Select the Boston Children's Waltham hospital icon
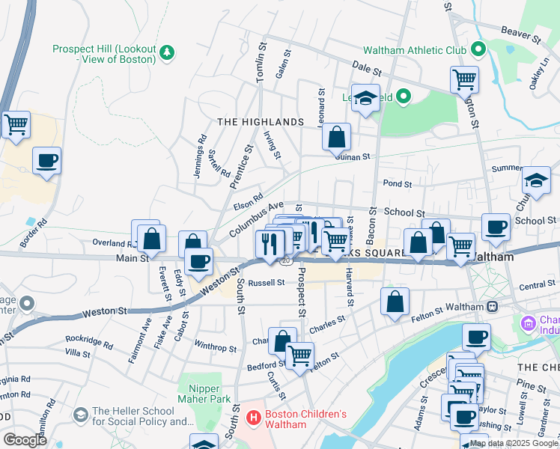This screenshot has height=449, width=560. coord(254,417)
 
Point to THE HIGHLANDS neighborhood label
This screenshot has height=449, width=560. coord(261,122)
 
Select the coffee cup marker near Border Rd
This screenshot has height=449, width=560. coord(46,160)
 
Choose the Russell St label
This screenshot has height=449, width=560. coord(267,283)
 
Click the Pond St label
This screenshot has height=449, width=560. coord(398,183)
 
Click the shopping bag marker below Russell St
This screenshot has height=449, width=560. coord(395,302)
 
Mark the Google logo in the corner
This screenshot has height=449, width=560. coord(24,439)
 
